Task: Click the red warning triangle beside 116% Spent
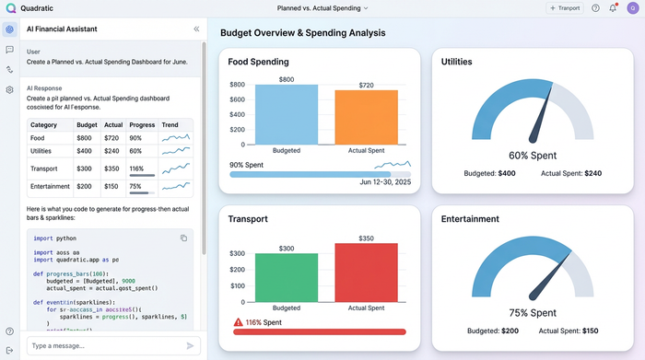tap(238, 321)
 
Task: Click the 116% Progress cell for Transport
tap(137, 169)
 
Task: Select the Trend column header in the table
tap(170, 123)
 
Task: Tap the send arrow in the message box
tap(191, 345)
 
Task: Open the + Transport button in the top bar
tap(565, 7)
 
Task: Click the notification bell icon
tap(614, 8)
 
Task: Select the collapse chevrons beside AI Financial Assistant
tap(196, 29)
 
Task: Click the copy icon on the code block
tap(183, 238)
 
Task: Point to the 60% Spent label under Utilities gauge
tap(531, 156)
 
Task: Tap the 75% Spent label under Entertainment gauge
tap(531, 312)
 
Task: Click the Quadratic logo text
tap(37, 7)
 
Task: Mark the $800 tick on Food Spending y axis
tap(237, 85)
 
